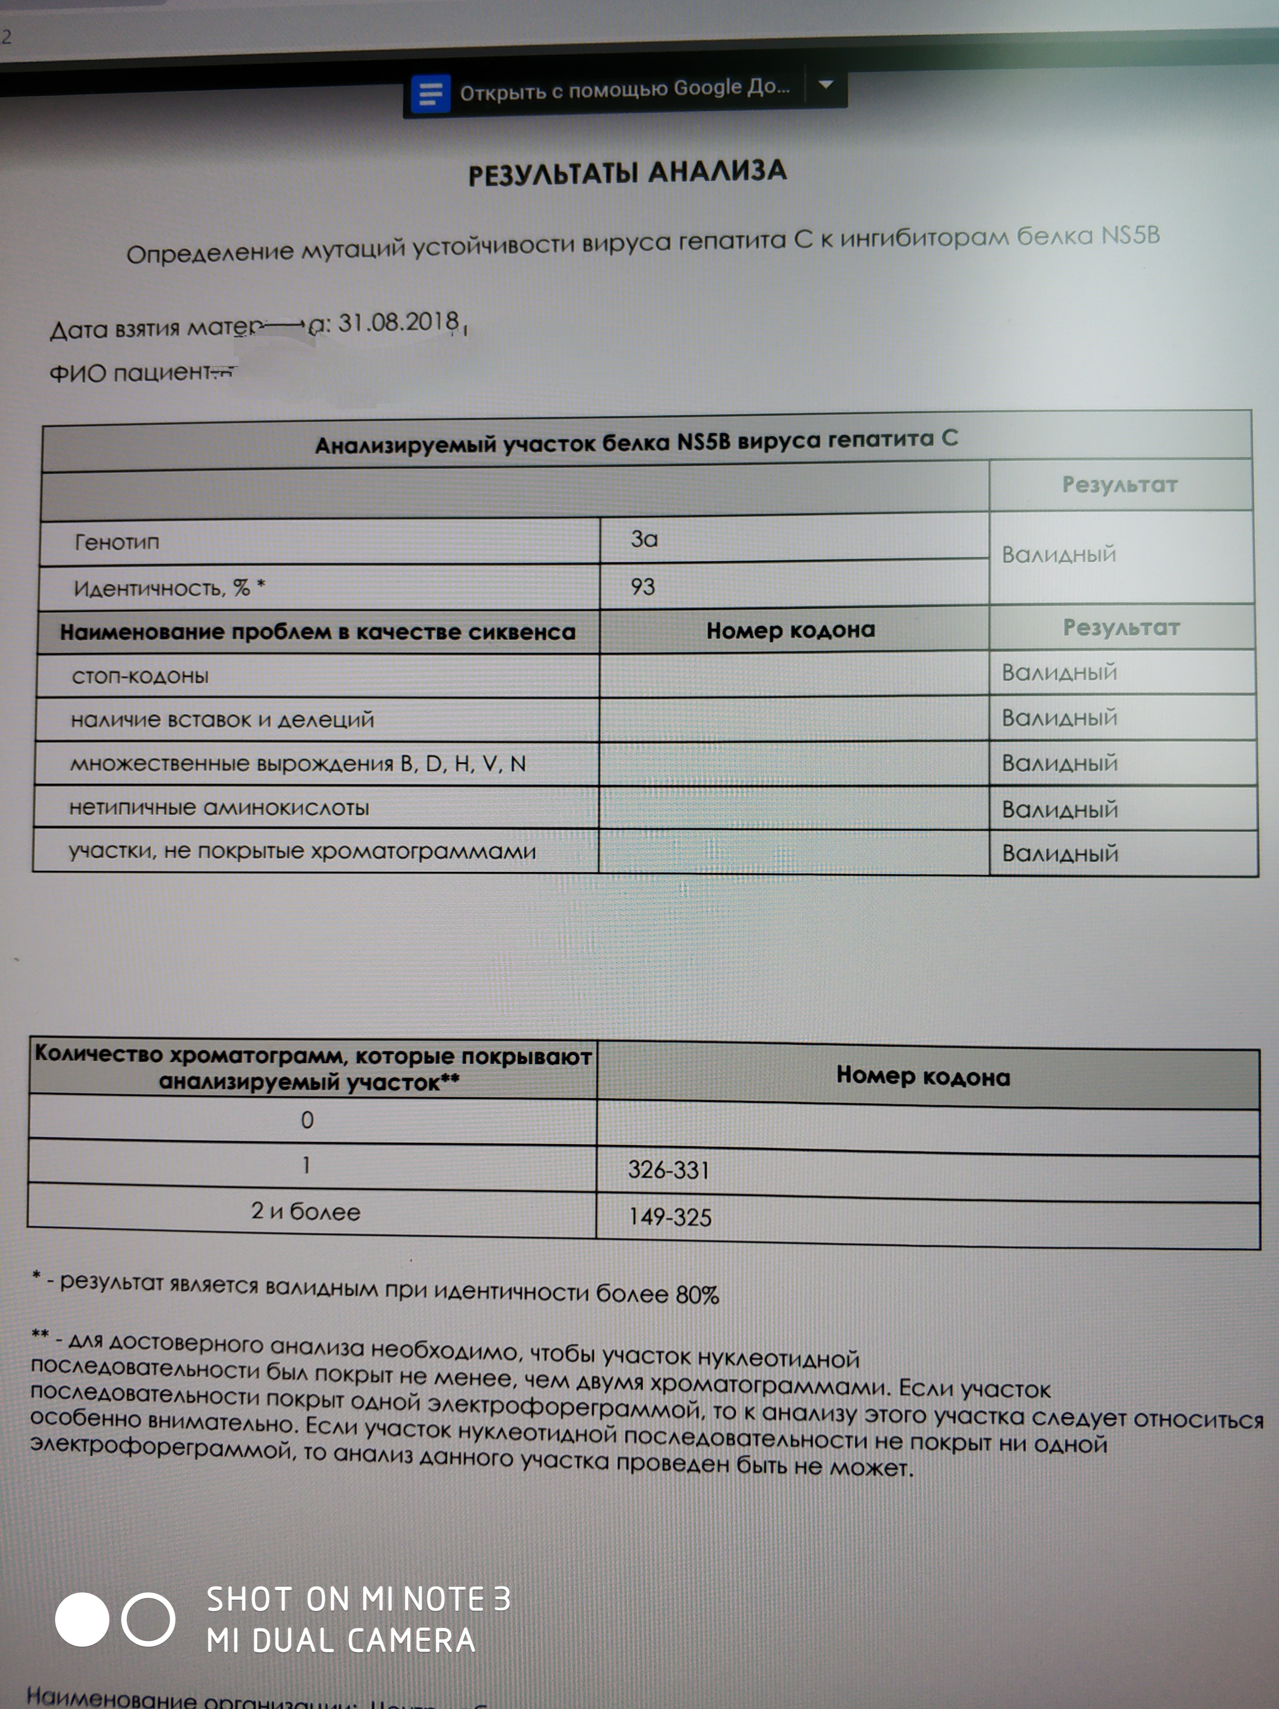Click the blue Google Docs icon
430,94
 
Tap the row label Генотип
117,543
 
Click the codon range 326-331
668,1170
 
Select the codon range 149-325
669,1217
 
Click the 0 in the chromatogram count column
307,1120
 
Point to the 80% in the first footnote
697,1295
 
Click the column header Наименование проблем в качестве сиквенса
318,632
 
